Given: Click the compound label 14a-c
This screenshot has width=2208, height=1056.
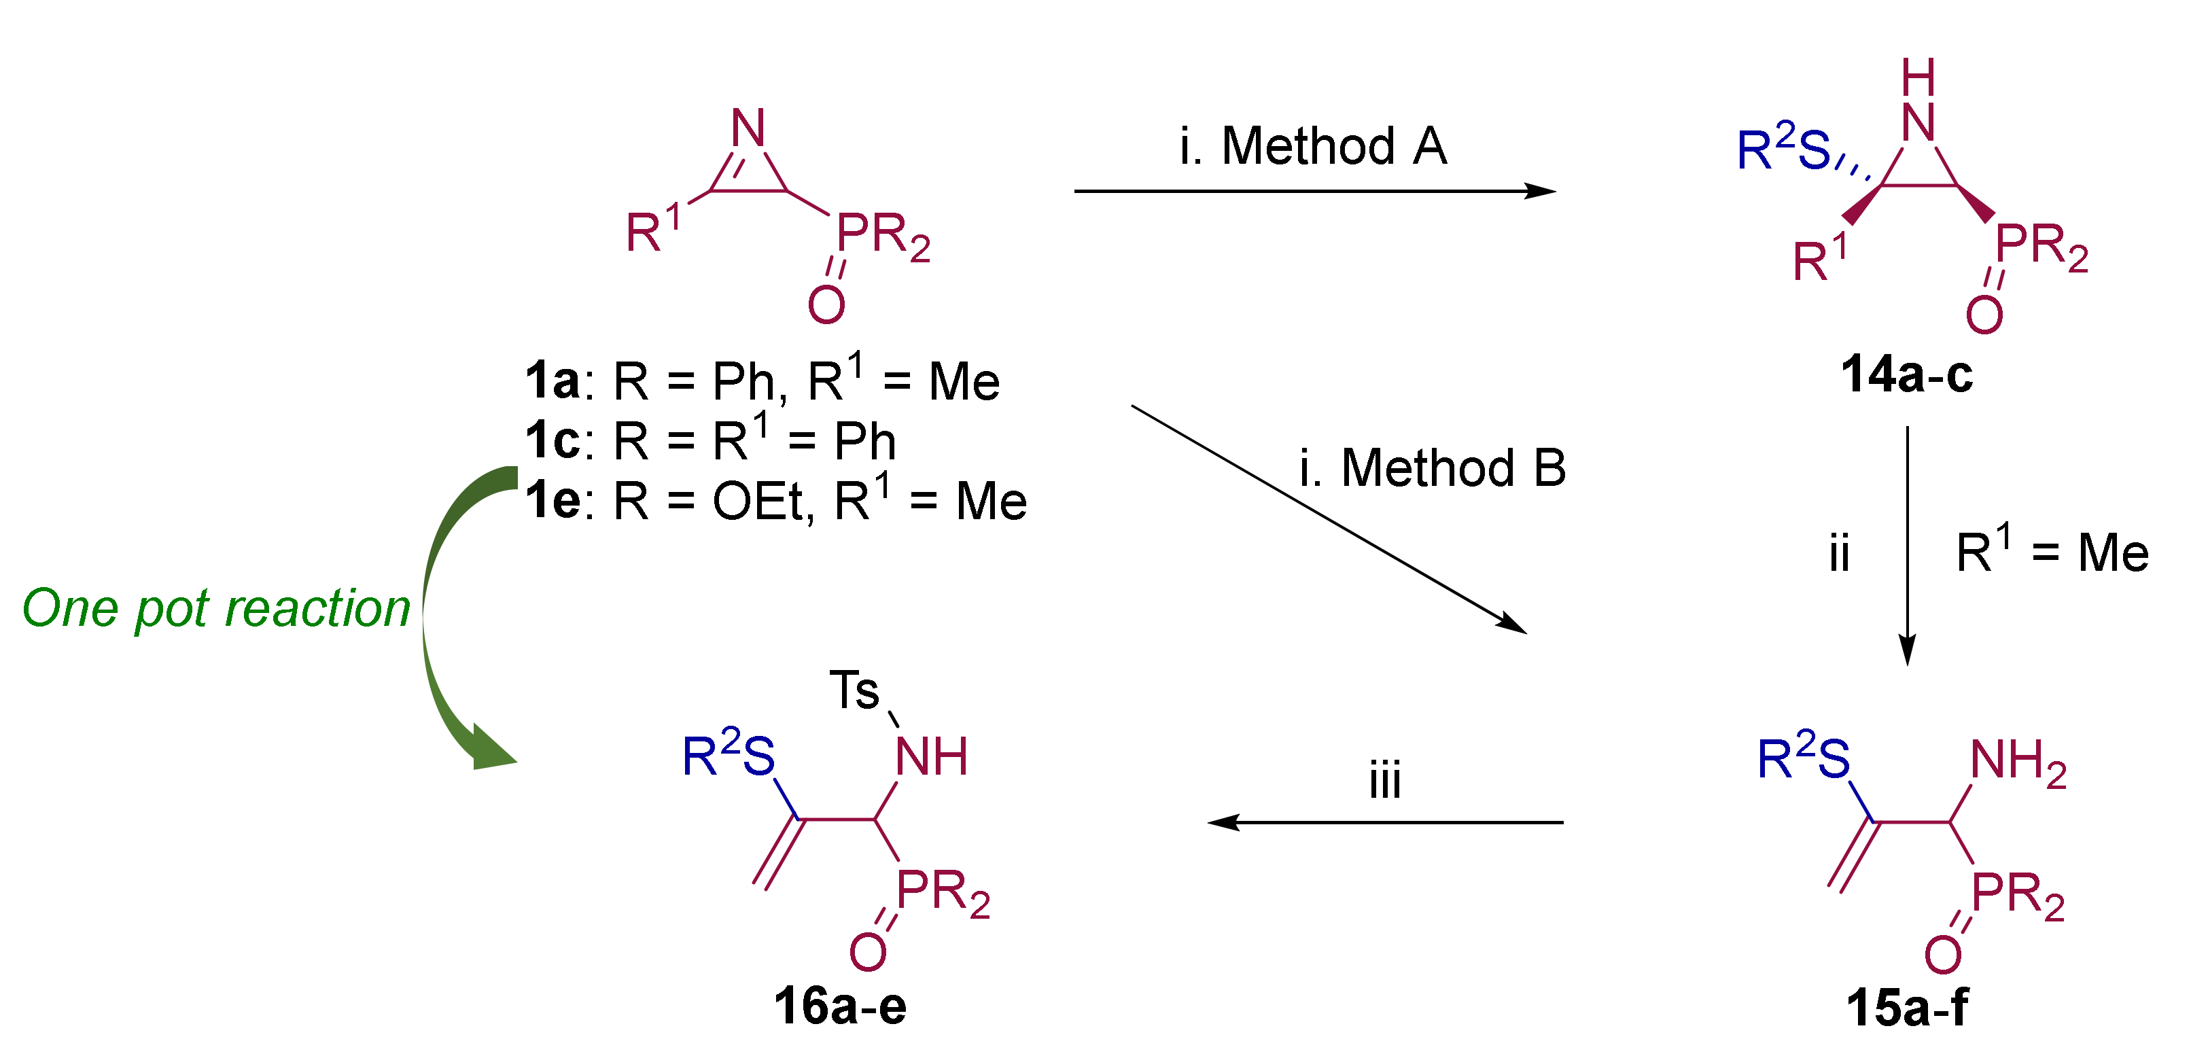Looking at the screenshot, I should tap(1906, 375).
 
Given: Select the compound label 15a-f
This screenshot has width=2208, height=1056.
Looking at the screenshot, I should tap(1907, 1007).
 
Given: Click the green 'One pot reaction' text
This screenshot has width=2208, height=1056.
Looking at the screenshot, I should tap(216, 609).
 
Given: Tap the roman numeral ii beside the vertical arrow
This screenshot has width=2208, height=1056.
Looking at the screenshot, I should tap(1838, 554).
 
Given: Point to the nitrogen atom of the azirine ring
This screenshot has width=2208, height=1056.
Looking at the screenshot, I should tap(748, 128).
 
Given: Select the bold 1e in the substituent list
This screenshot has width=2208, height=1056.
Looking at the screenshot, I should tap(553, 501).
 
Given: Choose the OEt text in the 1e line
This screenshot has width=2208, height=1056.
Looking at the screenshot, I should tap(758, 501).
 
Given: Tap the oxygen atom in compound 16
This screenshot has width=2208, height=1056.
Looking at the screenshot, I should tap(867, 951).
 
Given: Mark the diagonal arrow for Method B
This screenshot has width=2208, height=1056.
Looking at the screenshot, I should tap(1329, 519).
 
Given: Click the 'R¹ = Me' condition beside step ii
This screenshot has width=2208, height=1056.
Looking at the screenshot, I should tap(2052, 553).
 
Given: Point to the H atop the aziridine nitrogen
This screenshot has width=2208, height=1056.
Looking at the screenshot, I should tap(1918, 78).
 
